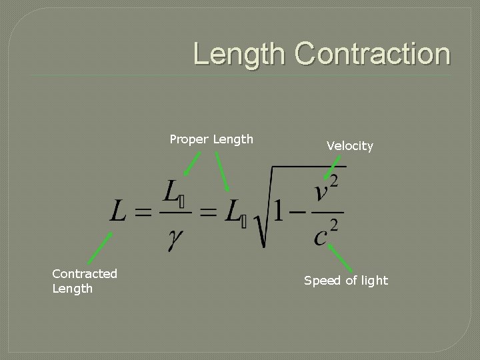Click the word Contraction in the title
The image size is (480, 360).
click(373, 54)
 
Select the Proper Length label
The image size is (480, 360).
click(211, 139)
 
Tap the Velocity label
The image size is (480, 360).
click(349, 146)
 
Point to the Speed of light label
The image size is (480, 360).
click(345, 281)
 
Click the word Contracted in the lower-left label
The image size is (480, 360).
click(85, 274)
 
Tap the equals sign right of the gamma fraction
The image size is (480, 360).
click(208, 213)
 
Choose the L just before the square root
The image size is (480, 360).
click(233, 212)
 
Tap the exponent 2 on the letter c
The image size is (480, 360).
click(334, 225)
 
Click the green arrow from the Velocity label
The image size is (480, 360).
click(332, 168)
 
